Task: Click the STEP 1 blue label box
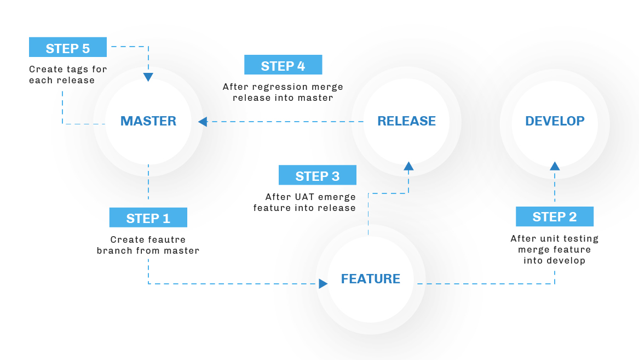click(x=148, y=218)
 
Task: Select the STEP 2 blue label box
click(x=555, y=216)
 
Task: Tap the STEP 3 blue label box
click(x=318, y=175)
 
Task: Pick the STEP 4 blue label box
click(x=283, y=65)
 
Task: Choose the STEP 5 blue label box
click(x=68, y=47)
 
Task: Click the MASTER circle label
click(x=148, y=121)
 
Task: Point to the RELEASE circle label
click(x=407, y=121)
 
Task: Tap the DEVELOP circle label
click(x=555, y=121)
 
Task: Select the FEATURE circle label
click(x=371, y=279)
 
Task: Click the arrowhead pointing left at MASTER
click(x=203, y=122)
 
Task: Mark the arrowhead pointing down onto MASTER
click(x=148, y=77)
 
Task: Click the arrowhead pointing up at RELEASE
click(x=408, y=166)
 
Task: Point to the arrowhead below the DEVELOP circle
click(x=555, y=166)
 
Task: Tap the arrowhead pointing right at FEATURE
click(x=323, y=284)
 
